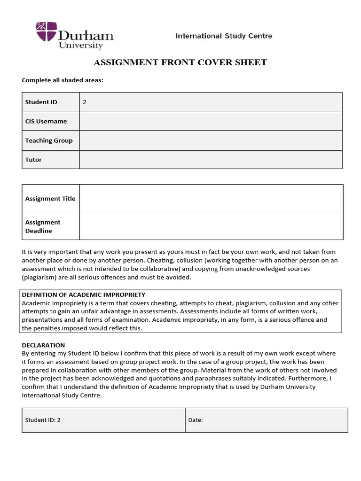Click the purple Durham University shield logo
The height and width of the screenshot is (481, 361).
click(x=47, y=32)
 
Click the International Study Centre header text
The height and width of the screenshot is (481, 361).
click(x=224, y=36)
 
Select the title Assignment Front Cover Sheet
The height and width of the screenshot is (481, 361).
click(x=180, y=62)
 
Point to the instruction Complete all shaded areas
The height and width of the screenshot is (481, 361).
click(x=63, y=80)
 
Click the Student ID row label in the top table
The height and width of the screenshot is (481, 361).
click(x=41, y=102)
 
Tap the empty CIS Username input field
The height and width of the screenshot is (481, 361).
click(x=211, y=121)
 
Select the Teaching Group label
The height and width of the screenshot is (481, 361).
click(x=49, y=140)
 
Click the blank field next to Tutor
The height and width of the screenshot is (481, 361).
click(x=211, y=160)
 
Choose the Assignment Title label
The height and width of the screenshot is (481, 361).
click(x=50, y=199)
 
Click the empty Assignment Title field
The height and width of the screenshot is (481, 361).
click(x=211, y=199)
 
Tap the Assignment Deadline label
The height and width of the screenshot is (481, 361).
click(x=43, y=226)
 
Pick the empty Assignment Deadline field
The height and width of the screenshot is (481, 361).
click(x=211, y=226)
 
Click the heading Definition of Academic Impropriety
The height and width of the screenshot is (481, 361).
click(x=84, y=295)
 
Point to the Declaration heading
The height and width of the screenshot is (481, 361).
click(x=43, y=345)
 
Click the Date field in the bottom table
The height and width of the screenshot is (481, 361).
click(x=266, y=420)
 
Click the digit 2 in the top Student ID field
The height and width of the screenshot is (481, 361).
click(x=85, y=102)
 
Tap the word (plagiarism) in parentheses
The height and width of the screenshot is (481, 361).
click(x=41, y=277)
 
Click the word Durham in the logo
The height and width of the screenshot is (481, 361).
click(x=86, y=35)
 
